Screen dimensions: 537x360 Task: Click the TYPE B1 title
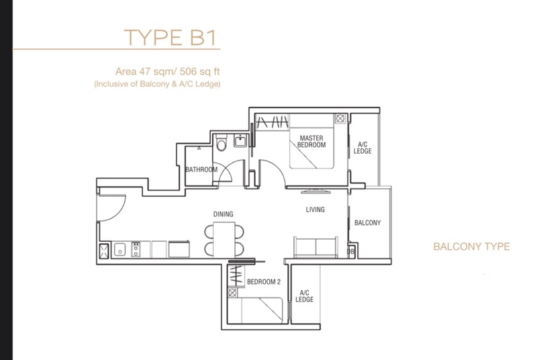pos(170,38)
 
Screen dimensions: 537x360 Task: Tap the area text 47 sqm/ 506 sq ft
pos(167,71)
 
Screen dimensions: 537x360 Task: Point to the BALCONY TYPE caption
pos(471,246)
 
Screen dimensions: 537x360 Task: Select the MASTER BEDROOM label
pos(311,142)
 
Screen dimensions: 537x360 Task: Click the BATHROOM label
pos(201,169)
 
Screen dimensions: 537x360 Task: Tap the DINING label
pos(224,214)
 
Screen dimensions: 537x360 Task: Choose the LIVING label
pos(315,210)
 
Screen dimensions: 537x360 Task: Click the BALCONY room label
pos(367,222)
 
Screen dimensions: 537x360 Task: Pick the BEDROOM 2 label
pos(264,281)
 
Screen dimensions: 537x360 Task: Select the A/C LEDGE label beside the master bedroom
pos(362,148)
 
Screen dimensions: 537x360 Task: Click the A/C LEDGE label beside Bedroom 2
pos(305,296)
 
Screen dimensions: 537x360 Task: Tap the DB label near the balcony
pos(350,252)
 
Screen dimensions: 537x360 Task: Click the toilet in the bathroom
pos(222,143)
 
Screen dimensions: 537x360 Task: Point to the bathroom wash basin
pos(240,141)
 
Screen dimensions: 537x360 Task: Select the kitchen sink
pos(119,249)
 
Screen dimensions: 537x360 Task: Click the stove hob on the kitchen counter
pos(136,249)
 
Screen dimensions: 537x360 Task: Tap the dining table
pos(224,239)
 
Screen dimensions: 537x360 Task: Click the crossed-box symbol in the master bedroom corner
pos(340,118)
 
